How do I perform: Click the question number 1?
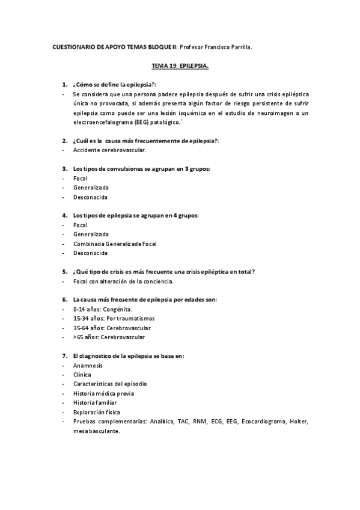[x=65, y=84]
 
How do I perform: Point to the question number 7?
[x=65, y=355]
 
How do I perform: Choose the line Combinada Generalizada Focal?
[x=114, y=244]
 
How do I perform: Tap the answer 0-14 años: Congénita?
[x=102, y=309]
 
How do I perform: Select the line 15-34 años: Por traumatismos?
[x=114, y=318]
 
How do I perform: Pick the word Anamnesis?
[x=88, y=365]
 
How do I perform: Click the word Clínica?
[x=83, y=375]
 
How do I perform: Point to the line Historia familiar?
[x=95, y=402]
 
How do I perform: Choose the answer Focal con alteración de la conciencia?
[x=123, y=281]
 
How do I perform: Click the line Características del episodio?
[x=110, y=384]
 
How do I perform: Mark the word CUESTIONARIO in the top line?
[x=69, y=46]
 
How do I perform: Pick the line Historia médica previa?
[x=103, y=393]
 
